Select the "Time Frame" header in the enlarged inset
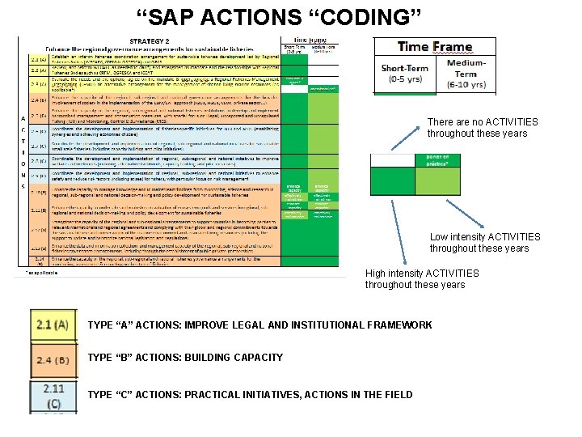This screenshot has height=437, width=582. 435,47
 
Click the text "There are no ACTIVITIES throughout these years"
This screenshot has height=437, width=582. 482,128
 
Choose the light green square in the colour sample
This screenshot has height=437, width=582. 436,179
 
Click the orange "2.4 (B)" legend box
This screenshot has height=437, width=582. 53,358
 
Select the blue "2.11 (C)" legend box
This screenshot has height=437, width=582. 53,396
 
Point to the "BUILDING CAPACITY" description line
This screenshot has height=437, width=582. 185,358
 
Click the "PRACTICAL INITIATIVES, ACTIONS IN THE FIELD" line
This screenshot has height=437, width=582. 250,395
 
